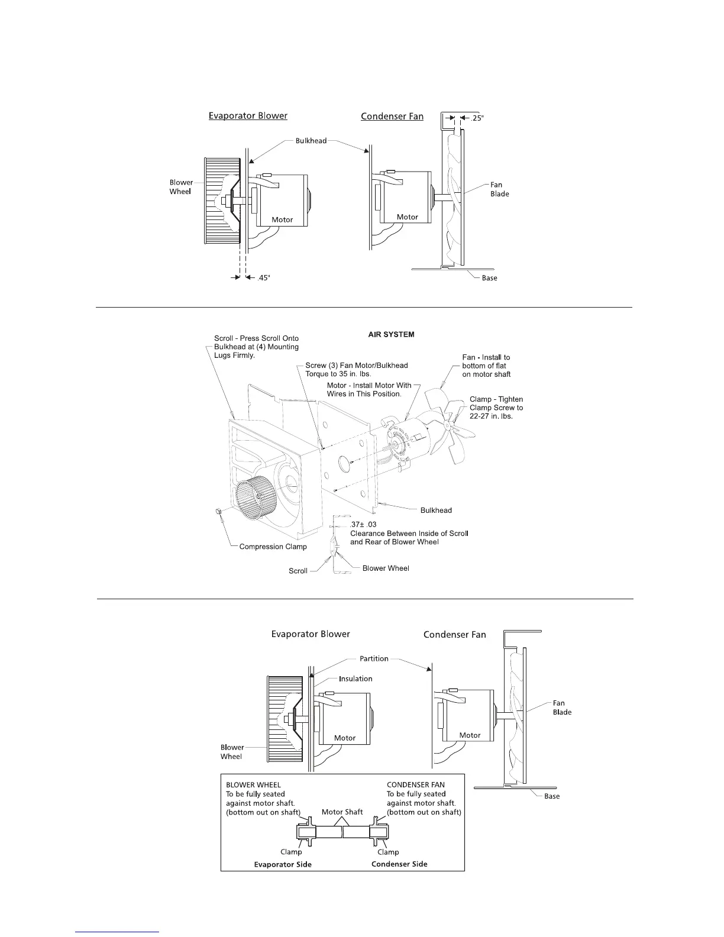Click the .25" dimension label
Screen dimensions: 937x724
pos(477,118)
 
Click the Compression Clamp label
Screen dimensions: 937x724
pos(273,547)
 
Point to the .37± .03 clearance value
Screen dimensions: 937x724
pos(363,524)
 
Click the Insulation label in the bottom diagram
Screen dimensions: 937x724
pos(355,678)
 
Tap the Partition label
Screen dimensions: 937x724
pos(374,658)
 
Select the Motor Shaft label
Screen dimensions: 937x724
pos(342,812)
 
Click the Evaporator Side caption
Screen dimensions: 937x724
pos(283,864)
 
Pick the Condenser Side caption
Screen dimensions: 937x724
pos(399,864)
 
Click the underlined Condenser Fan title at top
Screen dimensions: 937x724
pos(392,117)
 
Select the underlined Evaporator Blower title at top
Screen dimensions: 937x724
pos(248,115)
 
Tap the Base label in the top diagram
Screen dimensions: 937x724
pos(489,278)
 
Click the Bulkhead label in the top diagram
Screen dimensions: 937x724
pos(311,141)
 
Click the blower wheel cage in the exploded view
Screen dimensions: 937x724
pos(254,502)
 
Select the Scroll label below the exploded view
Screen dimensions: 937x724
pos(298,571)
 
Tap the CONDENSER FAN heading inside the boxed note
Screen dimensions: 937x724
pos(416,785)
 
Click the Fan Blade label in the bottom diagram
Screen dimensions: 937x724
pos(562,707)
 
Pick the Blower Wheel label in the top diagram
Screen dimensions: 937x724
pos(181,187)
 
